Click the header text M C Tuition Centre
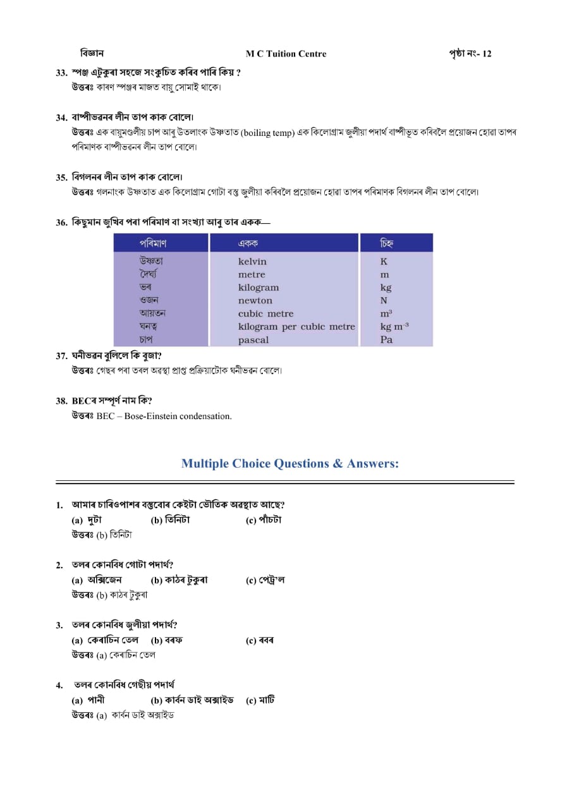pos(286,54)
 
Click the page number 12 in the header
pos(486,54)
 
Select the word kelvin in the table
pos(252,262)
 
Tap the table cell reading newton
pos(255,301)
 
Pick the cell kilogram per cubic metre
pos(296,327)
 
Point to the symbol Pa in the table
pos(386,340)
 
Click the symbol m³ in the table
pos(386,314)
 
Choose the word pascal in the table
pos(253,340)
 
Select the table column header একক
pos(248,243)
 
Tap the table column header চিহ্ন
pos(387,243)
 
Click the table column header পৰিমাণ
pos(153,243)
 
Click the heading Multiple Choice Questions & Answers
pos(290,464)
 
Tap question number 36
pos(61,222)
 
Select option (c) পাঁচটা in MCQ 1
pos(264,520)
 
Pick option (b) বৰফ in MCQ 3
pos(167,640)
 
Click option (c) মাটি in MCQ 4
pos(260,700)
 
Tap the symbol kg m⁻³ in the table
pos(394,327)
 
